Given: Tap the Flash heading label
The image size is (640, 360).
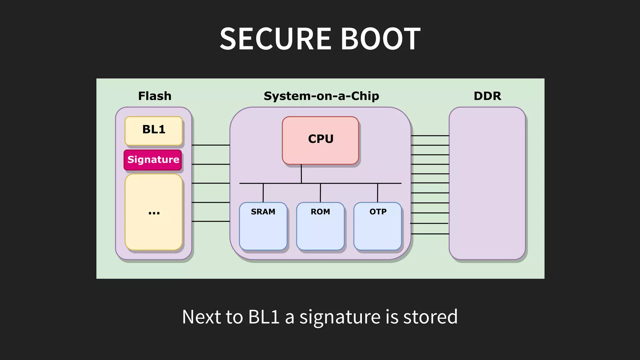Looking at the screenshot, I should (x=155, y=96).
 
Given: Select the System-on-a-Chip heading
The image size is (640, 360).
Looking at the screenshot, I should (x=321, y=96).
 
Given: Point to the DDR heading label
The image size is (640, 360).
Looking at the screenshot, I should (x=487, y=96).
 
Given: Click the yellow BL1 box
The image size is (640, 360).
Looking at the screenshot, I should (x=153, y=131).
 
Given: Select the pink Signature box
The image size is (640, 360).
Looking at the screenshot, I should (x=153, y=160).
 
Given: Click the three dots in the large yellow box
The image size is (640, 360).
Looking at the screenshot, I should (x=154, y=212).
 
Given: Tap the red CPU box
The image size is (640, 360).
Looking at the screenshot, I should (x=320, y=140).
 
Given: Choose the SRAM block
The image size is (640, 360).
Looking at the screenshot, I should (x=263, y=226).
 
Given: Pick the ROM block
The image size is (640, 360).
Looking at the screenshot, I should (x=320, y=226).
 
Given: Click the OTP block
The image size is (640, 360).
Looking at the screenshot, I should (x=377, y=226).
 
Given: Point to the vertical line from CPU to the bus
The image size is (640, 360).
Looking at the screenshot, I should (x=301, y=174).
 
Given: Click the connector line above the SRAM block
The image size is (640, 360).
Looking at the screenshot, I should (x=263, y=193).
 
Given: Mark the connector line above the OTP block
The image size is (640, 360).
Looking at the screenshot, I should (x=377, y=193).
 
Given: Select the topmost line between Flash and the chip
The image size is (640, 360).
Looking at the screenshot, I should (x=211, y=145).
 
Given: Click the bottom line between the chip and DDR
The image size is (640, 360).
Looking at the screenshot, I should (x=430, y=234).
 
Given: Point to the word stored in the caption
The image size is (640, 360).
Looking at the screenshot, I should (x=430, y=317).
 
